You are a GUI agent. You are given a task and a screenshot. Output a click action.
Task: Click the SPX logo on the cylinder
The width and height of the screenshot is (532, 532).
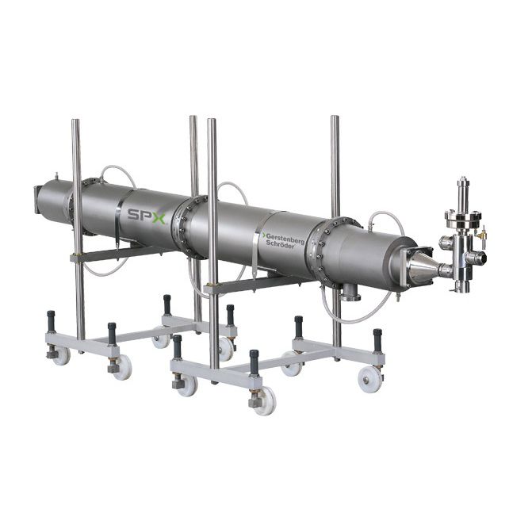click(147, 216)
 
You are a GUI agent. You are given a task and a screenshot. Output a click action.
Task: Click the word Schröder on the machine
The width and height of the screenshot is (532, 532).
click(280, 244)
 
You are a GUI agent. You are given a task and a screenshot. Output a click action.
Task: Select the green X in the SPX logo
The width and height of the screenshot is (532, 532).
click(158, 218)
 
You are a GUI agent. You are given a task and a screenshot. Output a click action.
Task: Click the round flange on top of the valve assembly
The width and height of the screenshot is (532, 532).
click(464, 219)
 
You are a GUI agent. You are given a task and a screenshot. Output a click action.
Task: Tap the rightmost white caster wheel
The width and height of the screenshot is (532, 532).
click(370, 380)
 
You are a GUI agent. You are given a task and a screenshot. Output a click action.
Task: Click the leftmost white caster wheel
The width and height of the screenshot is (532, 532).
click(61, 355)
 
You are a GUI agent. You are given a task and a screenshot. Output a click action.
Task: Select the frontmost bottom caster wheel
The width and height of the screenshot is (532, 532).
click(265, 401)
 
